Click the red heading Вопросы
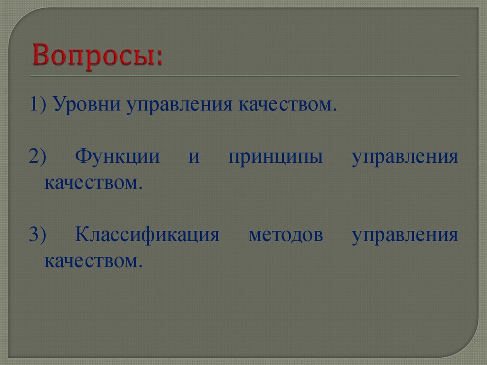tap(97, 56)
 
